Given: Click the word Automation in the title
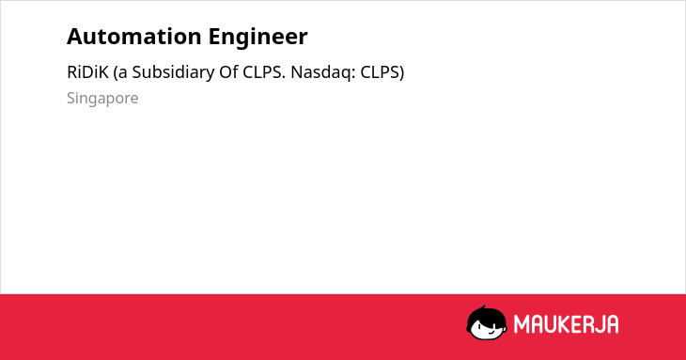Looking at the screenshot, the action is click(x=134, y=37).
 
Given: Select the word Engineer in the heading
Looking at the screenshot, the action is click(x=258, y=37).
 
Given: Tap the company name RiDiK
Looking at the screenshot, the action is click(x=87, y=72).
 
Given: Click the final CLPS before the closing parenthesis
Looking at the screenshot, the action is click(x=380, y=72).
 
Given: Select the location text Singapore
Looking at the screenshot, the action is click(x=102, y=99).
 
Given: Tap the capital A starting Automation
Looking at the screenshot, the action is click(x=74, y=37).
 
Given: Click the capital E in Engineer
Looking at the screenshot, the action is click(x=214, y=37).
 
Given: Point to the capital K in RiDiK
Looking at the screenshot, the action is click(x=103, y=72).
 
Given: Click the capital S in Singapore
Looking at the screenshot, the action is click(x=71, y=98).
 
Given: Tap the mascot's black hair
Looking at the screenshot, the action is click(x=486, y=314).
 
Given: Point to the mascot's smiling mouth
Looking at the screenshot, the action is click(x=489, y=333).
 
